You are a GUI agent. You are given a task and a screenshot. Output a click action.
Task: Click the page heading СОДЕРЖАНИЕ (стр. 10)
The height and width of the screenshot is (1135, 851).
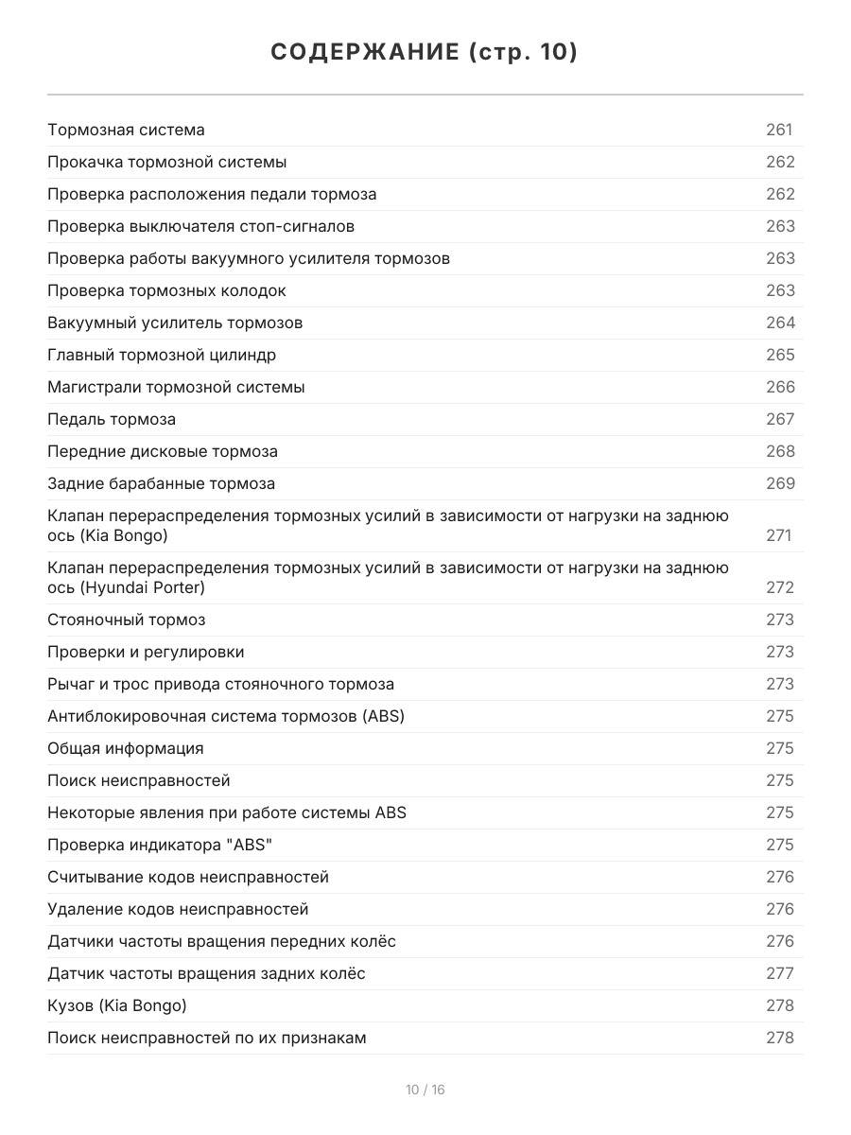point(425,52)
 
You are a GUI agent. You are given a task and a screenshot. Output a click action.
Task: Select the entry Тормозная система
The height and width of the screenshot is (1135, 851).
point(126,130)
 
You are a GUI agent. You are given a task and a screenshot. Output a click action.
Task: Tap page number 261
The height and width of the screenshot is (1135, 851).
point(779,130)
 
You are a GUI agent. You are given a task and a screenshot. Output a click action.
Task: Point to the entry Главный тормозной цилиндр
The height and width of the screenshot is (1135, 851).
point(162,355)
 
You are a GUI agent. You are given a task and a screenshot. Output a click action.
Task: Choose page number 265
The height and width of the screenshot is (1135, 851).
point(780,355)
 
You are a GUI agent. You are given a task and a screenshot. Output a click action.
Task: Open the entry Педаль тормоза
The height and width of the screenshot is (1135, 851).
point(112,419)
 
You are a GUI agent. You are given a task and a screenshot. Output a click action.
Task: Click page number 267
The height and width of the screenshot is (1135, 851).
point(780,419)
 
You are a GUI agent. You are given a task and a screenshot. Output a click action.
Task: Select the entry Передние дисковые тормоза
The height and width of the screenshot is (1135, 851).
point(163,451)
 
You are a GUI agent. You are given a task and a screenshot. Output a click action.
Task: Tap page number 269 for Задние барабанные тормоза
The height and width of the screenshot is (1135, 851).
point(780,483)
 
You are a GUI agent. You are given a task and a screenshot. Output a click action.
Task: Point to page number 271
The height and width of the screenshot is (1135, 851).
point(778,535)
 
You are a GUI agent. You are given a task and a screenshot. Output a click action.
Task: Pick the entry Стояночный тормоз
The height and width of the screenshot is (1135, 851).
point(127,620)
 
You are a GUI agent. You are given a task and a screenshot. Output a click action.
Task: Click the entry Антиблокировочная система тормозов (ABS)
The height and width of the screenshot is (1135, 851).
point(226,716)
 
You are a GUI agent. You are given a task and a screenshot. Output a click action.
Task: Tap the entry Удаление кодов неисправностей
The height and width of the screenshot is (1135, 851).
point(178,909)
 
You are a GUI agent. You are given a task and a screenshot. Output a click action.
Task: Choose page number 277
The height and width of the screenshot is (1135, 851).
point(780,973)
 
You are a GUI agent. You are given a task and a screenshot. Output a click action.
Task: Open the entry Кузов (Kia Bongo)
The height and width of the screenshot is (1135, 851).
point(117,1005)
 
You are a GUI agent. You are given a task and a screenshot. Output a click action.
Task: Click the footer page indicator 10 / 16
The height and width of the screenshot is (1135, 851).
point(425,1090)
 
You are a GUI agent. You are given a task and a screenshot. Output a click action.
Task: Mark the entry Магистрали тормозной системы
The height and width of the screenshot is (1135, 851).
point(176,387)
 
